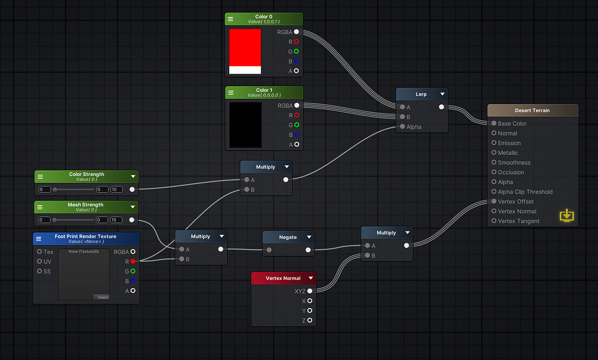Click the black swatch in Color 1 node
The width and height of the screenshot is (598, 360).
click(245, 124)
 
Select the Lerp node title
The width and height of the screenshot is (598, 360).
click(421, 94)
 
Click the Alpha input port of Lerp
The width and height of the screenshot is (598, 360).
click(402, 127)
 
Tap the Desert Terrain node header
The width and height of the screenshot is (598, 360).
click(532, 110)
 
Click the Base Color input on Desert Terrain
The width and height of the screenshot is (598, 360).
click(494, 123)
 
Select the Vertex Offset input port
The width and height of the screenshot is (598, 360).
click(494, 202)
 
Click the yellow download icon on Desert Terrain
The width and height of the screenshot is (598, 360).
click(566, 216)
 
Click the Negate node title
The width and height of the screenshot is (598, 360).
click(288, 237)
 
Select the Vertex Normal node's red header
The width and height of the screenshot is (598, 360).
click(283, 278)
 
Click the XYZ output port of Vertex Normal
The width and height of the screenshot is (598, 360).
click(310, 291)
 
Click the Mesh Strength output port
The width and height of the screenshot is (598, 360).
click(132, 220)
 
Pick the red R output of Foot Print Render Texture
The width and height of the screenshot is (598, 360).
click(133, 261)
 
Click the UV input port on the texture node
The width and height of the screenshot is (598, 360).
click(40, 261)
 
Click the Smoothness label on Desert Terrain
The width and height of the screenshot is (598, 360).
click(514, 162)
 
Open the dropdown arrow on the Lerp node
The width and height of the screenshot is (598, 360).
click(443, 94)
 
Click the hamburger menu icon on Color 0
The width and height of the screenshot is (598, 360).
click(230, 19)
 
